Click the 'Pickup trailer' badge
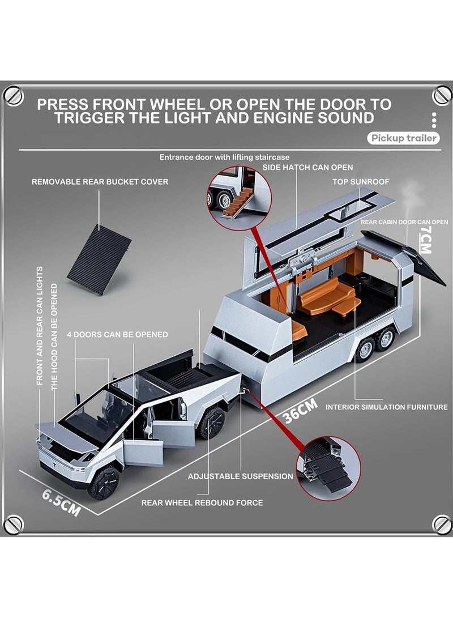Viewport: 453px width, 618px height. coord(403,138)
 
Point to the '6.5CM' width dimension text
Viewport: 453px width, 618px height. coord(61,500)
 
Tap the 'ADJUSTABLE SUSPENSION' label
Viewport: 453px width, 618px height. coord(241,476)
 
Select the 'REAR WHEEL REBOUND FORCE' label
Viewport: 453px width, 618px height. coord(202,502)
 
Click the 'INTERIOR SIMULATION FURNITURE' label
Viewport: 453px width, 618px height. coord(386,407)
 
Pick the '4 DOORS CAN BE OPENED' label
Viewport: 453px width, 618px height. coord(117,334)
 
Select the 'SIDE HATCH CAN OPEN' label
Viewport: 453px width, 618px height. coord(307,168)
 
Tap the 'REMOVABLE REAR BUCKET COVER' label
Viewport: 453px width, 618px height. coord(100,182)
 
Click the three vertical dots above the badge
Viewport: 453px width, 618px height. coord(434,120)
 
